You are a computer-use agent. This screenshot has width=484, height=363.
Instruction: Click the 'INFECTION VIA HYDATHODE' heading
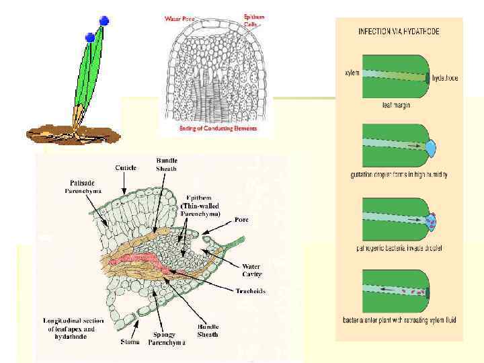[x=399, y=32]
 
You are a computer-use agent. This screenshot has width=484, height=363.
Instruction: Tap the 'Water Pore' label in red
[x=179, y=19]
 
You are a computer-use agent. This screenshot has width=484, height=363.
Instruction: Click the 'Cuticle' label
[x=126, y=167]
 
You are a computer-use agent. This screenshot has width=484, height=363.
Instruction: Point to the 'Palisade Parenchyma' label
[x=85, y=186]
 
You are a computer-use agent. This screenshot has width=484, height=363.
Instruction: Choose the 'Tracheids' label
[x=251, y=291]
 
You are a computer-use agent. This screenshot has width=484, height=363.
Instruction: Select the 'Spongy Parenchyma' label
[x=167, y=337]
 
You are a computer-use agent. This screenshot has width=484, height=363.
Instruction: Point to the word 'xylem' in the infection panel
[x=352, y=73]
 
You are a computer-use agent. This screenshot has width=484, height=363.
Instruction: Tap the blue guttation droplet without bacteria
[x=431, y=145]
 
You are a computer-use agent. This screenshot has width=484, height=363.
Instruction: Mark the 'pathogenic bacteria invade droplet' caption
[x=399, y=247]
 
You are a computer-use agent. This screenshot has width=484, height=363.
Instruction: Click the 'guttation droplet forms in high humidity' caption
[x=399, y=175]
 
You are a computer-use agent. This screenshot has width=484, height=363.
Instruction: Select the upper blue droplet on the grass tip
[x=104, y=21]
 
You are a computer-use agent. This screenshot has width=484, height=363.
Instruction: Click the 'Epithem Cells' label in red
[x=255, y=19]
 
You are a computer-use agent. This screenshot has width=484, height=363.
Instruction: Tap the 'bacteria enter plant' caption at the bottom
[x=399, y=320]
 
